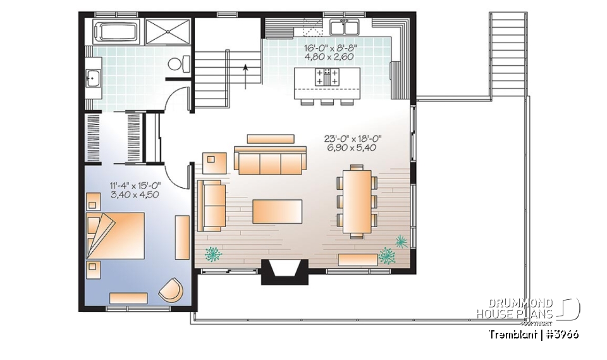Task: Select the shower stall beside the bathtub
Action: coord(168,31)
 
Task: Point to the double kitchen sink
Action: coord(345,27)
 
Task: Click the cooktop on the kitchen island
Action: coord(326,77)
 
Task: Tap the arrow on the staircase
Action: coord(244,75)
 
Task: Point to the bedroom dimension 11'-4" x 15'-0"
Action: coord(134,190)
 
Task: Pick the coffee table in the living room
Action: coord(277,211)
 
